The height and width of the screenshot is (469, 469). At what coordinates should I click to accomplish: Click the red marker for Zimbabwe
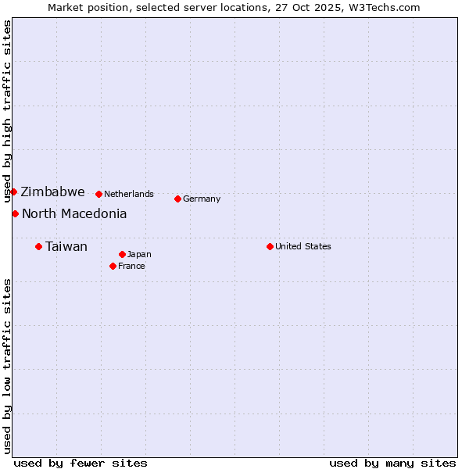click(13, 192)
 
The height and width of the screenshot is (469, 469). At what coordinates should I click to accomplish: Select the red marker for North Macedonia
click(15, 213)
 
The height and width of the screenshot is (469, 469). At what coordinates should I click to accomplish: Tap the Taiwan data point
click(38, 246)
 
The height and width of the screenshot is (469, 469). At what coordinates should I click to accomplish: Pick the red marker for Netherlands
click(98, 194)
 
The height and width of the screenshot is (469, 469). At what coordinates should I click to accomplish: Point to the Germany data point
click(177, 199)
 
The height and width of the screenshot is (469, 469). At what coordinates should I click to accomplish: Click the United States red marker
click(270, 246)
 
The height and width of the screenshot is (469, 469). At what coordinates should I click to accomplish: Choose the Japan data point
click(122, 254)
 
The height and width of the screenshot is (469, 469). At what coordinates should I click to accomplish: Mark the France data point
click(113, 266)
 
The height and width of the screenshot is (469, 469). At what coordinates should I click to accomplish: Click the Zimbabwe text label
click(52, 192)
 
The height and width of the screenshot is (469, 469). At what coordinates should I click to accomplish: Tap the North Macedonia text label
click(74, 213)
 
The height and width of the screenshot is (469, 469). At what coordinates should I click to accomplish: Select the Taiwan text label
click(66, 247)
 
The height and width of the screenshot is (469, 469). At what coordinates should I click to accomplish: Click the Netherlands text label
click(129, 194)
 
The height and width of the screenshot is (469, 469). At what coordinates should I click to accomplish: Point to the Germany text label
click(202, 199)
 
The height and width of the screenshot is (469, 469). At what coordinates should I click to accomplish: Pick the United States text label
click(303, 246)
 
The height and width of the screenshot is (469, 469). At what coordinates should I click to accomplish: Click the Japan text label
click(139, 254)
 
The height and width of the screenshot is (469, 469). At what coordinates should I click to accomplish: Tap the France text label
click(131, 266)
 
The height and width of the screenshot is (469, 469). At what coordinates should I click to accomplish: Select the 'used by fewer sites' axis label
click(81, 463)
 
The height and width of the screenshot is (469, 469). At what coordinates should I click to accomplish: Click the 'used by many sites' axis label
click(392, 463)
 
